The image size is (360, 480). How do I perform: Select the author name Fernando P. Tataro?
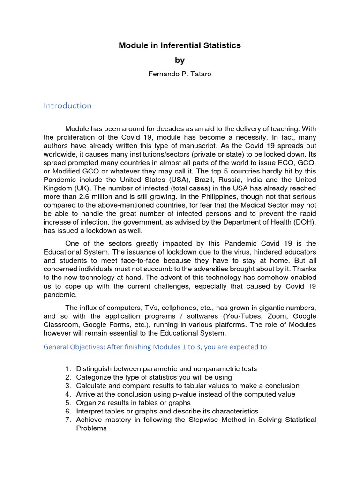pos(180,74)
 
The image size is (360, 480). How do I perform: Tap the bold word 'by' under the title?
pos(180,60)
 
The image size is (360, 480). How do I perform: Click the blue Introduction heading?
pos(67,105)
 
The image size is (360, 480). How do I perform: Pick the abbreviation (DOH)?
pos(304,222)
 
